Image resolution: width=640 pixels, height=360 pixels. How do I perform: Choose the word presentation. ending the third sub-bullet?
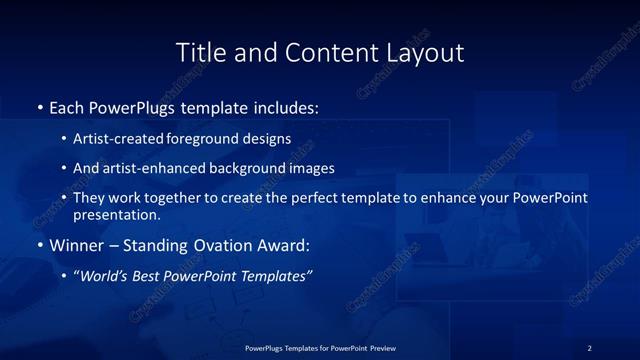116,214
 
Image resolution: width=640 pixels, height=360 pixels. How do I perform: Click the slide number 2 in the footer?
589,348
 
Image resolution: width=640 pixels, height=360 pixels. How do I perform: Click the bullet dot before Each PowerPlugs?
39,106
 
